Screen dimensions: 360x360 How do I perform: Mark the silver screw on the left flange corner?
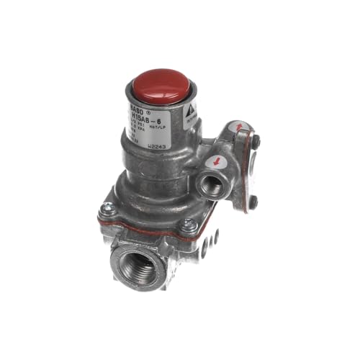coord(107,210)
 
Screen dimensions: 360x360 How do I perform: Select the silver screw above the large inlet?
coord(190,225)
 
